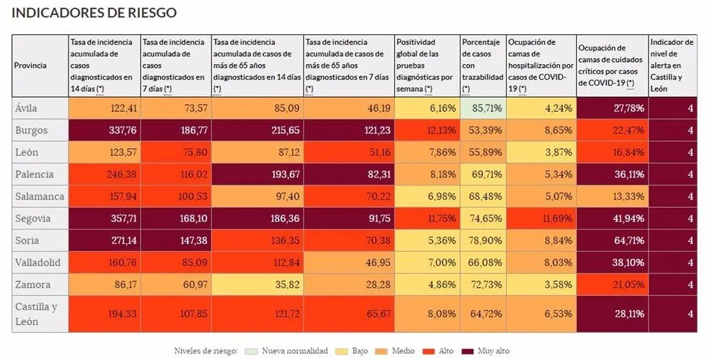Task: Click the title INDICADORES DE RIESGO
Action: coord(95,13)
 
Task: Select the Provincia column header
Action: coord(31,66)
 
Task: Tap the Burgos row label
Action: coord(31,129)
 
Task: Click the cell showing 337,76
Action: coord(104,129)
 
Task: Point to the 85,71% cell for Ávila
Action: coord(482,107)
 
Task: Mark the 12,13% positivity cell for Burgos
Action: coord(426,129)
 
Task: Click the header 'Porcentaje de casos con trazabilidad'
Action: coord(482,66)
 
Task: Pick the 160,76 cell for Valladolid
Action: coord(104,262)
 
